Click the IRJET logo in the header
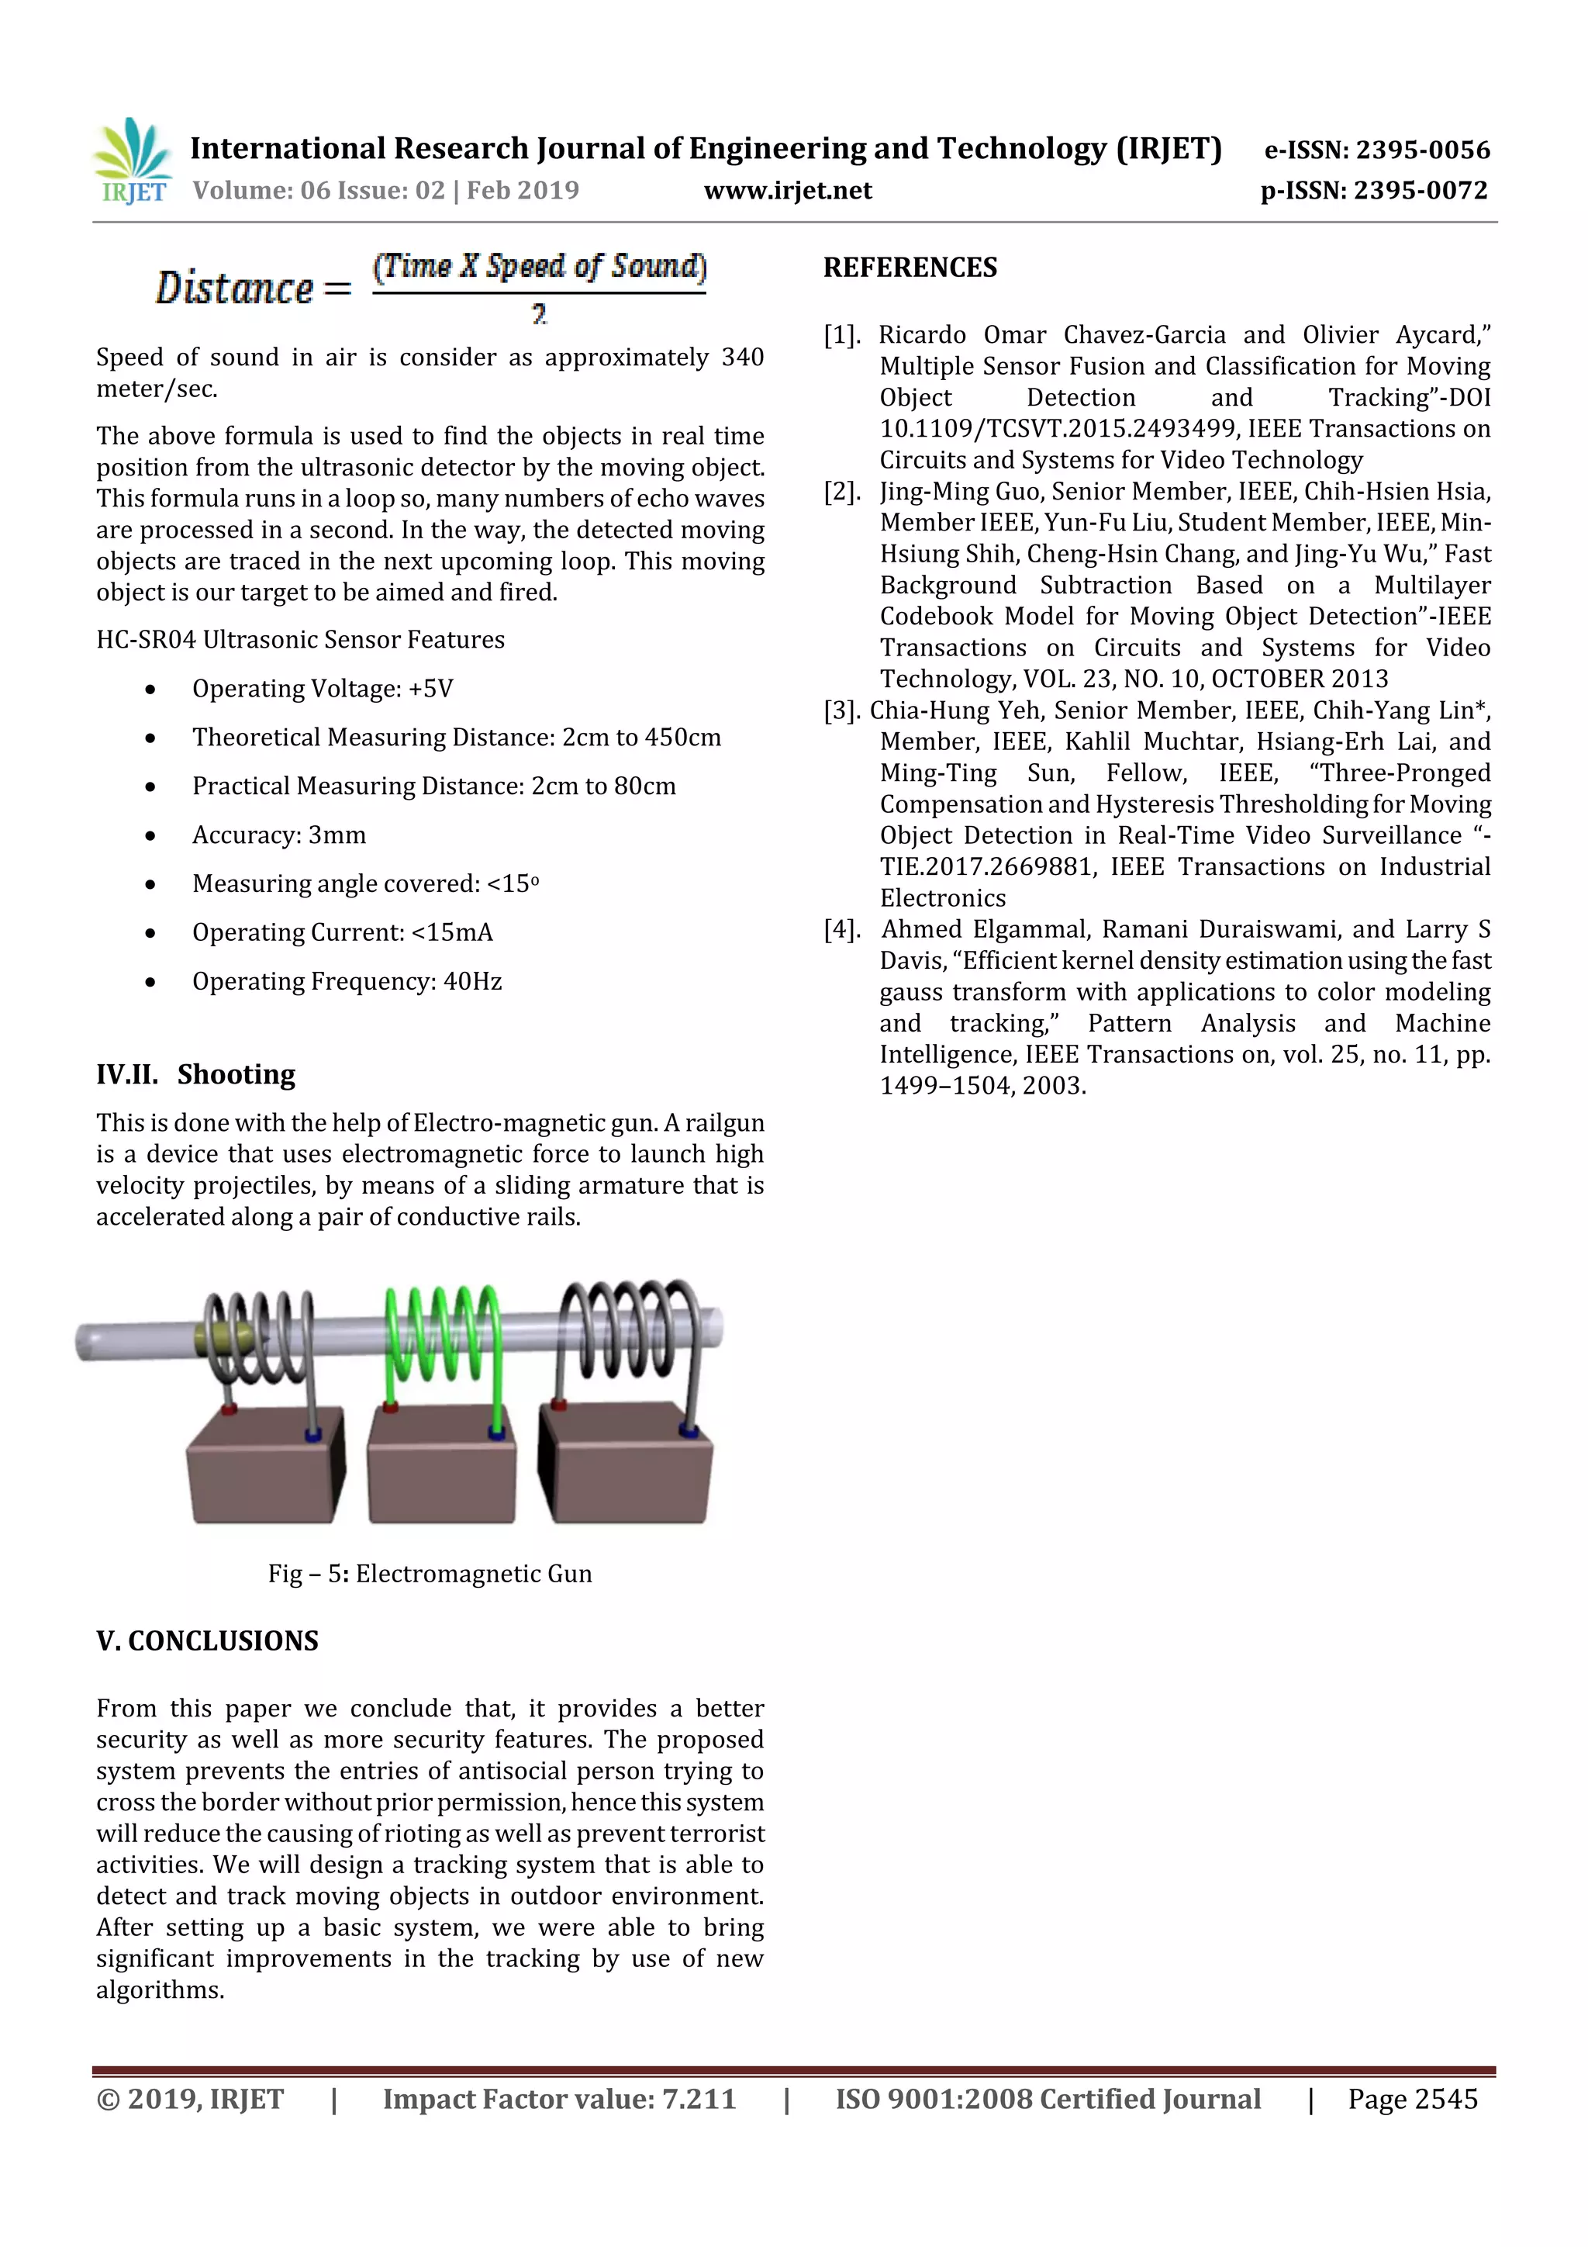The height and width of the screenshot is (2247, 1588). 132,161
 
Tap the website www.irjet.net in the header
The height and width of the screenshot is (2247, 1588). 788,190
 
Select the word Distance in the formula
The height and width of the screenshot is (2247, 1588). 235,288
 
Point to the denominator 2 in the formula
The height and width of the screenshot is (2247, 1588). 539,314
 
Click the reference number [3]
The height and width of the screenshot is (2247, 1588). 841,710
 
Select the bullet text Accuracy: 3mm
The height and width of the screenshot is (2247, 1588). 279,835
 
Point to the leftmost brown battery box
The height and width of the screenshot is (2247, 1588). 264,1468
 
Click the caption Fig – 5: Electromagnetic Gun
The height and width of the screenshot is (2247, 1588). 430,1574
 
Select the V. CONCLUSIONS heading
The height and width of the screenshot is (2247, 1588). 208,1641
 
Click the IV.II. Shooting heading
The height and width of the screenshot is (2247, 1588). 195,1074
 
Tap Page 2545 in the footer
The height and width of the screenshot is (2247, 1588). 1412,2099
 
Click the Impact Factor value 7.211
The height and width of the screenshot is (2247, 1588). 699,2099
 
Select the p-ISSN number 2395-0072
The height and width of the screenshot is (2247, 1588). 1420,190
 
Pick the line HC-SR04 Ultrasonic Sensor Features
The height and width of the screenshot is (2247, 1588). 300,639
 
